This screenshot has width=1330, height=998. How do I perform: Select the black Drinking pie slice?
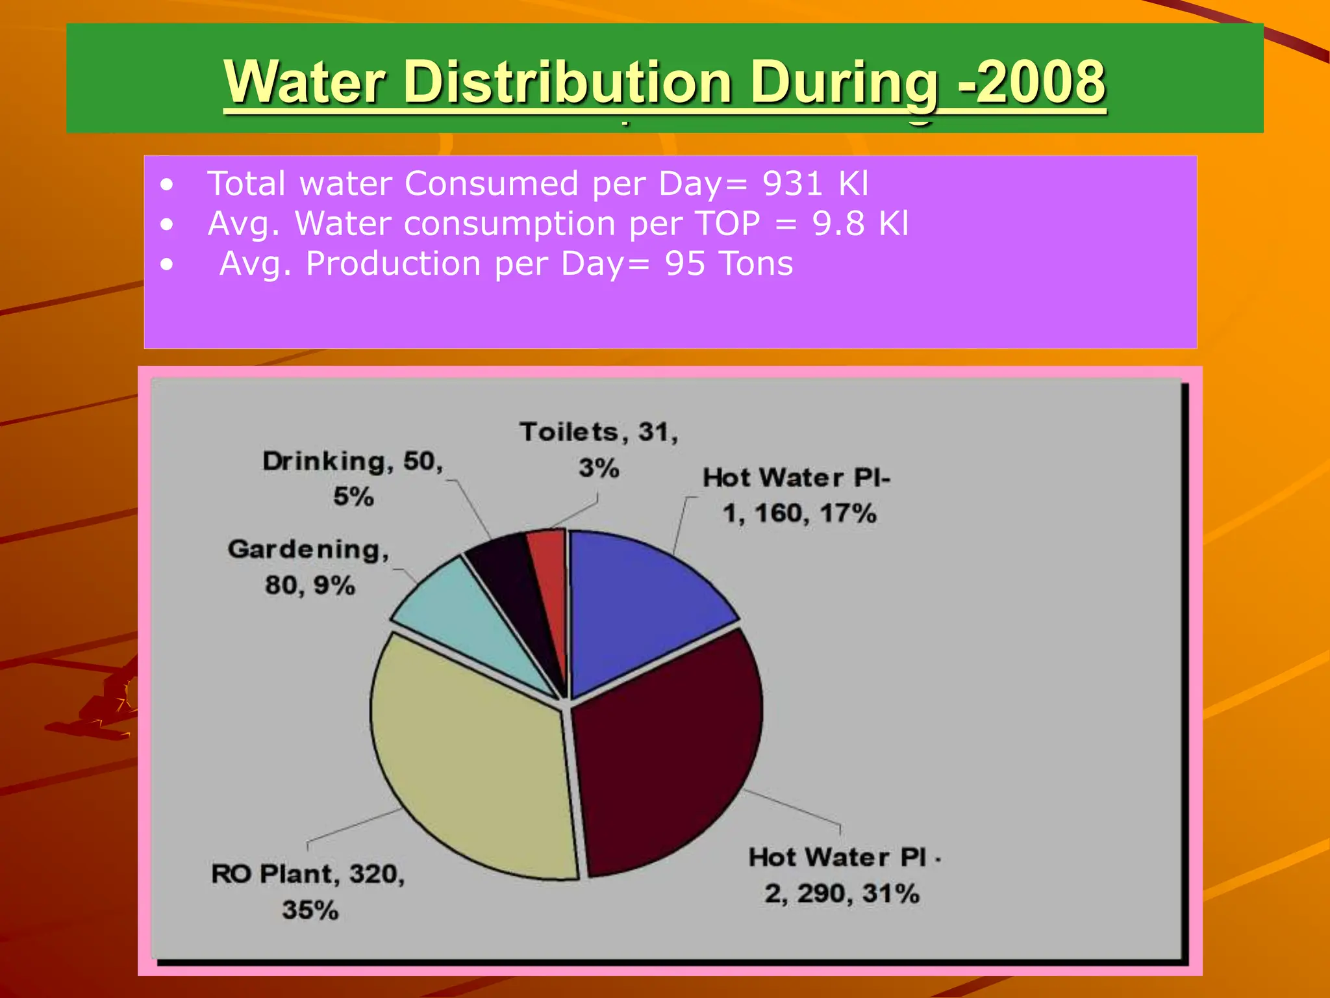click(x=513, y=585)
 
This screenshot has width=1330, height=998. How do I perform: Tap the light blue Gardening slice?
click(x=468, y=617)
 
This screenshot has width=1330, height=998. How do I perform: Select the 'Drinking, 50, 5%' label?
click(x=353, y=478)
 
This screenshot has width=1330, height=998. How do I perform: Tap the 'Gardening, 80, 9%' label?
click(x=309, y=567)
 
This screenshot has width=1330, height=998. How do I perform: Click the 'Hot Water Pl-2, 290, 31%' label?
click(x=843, y=875)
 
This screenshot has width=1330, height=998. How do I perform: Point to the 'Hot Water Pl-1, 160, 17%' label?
click(x=797, y=495)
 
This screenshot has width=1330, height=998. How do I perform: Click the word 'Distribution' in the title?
click(x=568, y=82)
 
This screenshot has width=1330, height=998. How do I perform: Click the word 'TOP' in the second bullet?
click(x=727, y=224)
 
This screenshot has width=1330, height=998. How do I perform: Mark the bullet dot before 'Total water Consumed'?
click(x=168, y=185)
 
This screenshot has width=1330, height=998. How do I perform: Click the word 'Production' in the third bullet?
click(x=393, y=264)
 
